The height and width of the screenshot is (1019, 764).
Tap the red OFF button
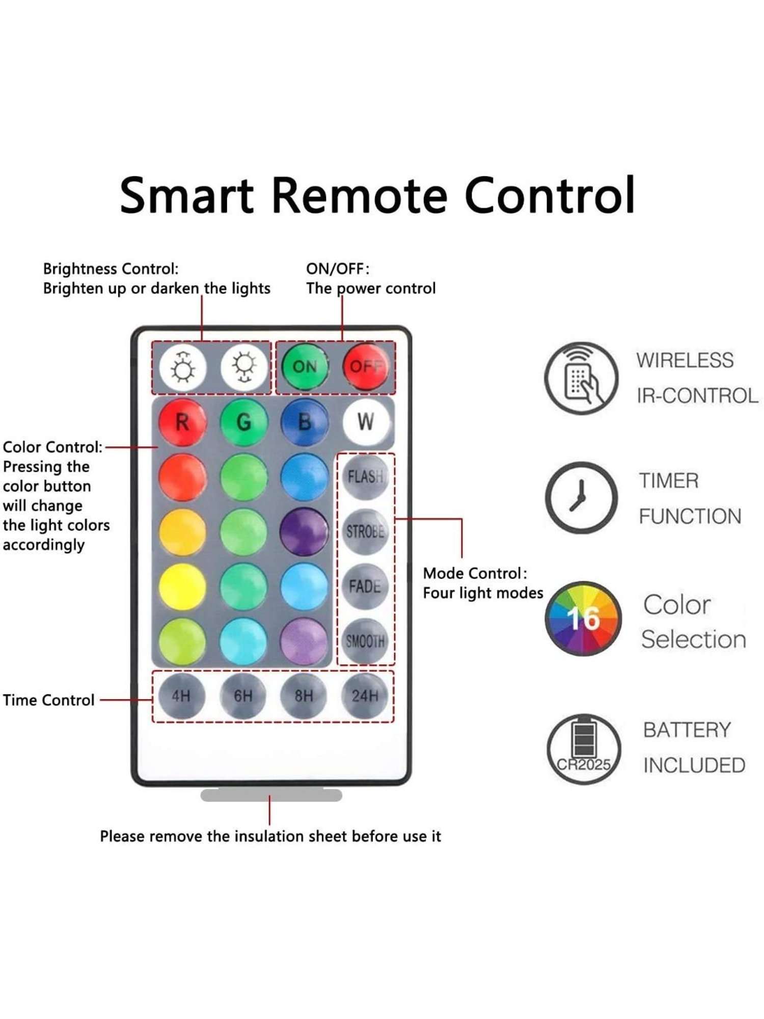point(365,367)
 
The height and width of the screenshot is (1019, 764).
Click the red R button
point(182,422)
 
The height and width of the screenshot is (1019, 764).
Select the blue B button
point(304,422)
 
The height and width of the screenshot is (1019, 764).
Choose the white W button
point(366,422)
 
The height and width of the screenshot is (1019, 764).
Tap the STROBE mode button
point(365,531)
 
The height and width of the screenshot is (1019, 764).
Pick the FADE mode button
point(365,586)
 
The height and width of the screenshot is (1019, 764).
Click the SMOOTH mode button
point(365,641)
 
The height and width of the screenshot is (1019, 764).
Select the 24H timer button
point(365,696)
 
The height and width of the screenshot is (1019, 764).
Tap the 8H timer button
point(304,696)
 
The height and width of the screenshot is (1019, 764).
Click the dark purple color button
point(304,531)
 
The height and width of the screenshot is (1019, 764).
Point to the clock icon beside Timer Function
point(581,498)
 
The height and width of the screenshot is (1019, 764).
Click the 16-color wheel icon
point(583,619)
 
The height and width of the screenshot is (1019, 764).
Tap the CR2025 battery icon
point(584,749)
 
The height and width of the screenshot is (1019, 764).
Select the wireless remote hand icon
point(581,378)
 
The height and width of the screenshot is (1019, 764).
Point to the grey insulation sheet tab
point(271,795)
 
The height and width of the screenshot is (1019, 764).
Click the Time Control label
point(49,700)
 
